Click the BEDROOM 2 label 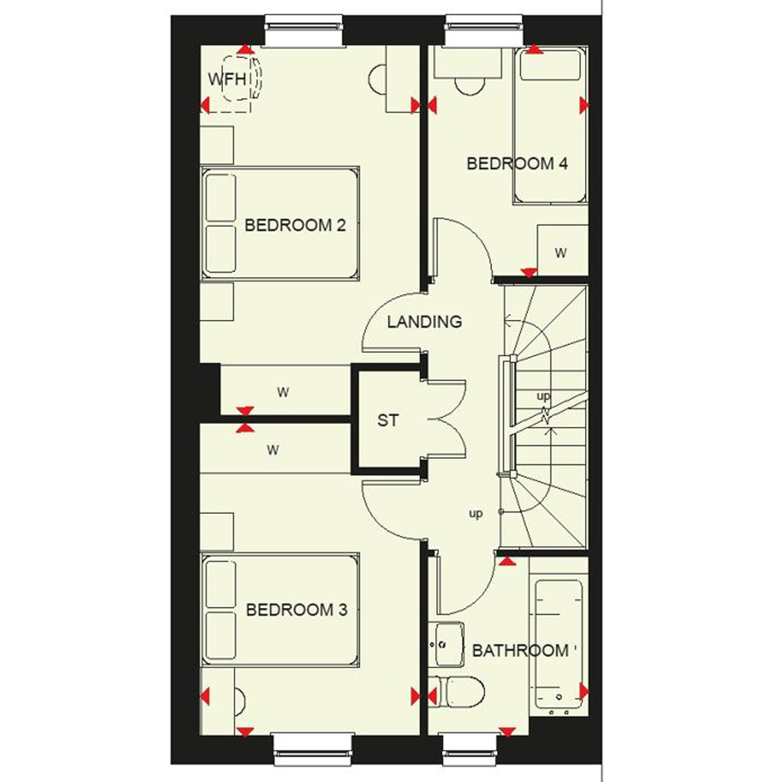tap(295, 225)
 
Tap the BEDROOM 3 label tap(297, 610)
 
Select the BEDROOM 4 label tap(517, 163)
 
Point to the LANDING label tap(425, 322)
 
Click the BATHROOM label tap(520, 651)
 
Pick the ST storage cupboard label tap(388, 421)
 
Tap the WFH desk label tap(228, 79)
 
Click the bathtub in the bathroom tap(558, 643)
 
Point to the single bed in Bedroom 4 tap(551, 125)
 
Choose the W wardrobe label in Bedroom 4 tap(561, 253)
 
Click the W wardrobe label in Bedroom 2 tap(283, 393)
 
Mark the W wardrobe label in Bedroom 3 tap(273, 451)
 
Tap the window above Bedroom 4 tap(483, 30)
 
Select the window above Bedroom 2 tap(304, 30)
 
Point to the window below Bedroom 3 tap(314, 749)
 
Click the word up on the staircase tap(543, 396)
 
